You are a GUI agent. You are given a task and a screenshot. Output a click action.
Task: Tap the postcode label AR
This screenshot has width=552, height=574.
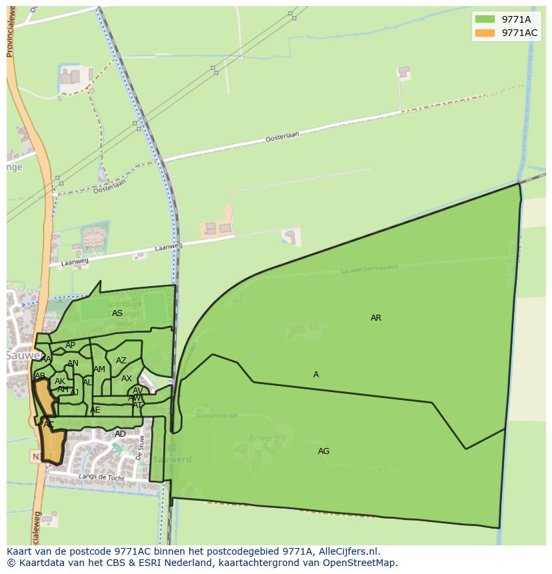[x=376, y=318]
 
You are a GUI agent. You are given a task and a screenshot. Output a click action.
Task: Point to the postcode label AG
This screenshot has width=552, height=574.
[x=323, y=451]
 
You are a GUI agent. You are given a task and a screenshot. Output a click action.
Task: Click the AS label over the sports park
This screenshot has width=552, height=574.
[x=117, y=313]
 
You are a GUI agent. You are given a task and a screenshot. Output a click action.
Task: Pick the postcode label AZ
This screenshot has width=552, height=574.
[x=121, y=361]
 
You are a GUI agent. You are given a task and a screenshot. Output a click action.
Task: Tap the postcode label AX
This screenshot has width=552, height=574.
[x=127, y=379]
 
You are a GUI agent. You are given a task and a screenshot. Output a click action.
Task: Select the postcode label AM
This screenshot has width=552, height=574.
[x=99, y=369]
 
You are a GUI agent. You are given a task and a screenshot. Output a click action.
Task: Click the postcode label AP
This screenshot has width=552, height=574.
[x=71, y=345]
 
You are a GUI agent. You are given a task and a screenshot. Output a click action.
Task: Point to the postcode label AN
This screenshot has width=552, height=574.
[x=73, y=363]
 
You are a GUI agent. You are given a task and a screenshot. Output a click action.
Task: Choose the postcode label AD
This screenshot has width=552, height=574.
[x=120, y=434]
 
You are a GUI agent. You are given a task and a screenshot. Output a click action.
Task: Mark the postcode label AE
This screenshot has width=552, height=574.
[x=95, y=410]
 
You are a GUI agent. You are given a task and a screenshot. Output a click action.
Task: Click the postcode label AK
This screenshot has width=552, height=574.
[x=60, y=381]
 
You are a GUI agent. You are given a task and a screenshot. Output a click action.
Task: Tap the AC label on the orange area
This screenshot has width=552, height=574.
[x=49, y=424]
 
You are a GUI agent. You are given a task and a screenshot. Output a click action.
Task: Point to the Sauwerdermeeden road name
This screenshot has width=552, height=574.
[x=369, y=269]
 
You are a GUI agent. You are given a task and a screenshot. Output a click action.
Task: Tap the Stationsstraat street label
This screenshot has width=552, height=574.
[x=217, y=415]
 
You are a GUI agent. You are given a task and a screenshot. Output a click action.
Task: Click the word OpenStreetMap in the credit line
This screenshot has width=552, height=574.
[x=360, y=563]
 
